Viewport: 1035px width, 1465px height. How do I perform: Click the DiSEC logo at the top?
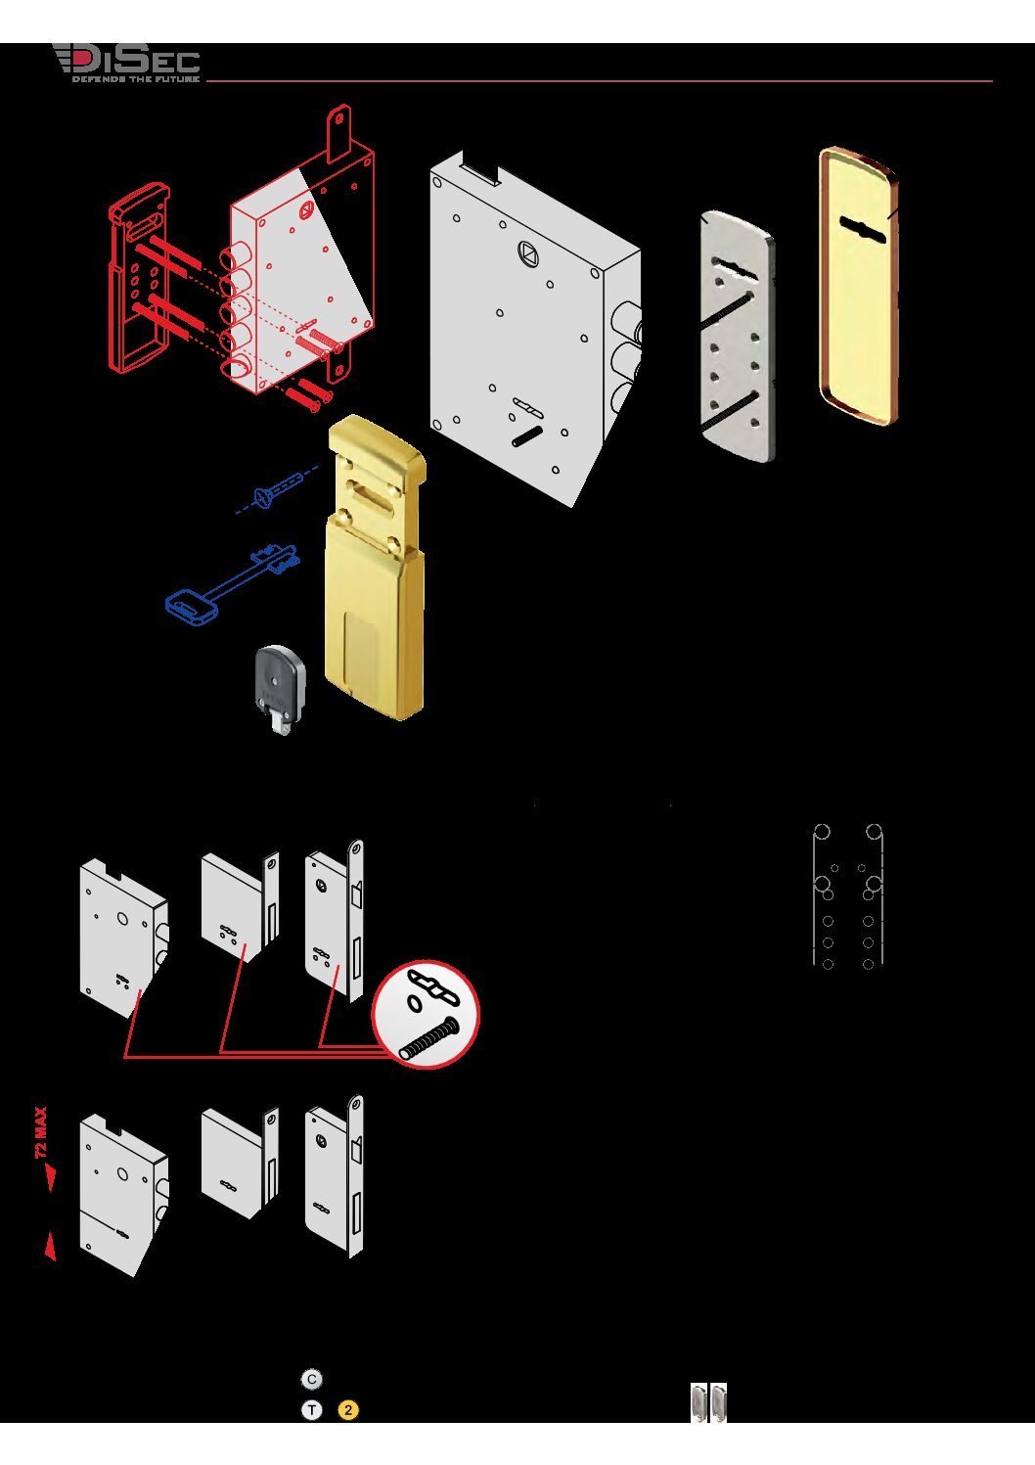point(126,63)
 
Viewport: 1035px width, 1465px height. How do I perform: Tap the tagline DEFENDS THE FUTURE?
point(135,79)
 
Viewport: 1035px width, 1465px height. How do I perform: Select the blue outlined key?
point(232,582)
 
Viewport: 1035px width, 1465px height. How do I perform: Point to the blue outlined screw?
point(277,490)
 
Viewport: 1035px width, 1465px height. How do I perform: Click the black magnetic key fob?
point(280,688)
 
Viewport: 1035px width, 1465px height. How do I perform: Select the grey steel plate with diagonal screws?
point(737,337)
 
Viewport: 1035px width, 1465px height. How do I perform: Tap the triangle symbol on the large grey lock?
point(527,252)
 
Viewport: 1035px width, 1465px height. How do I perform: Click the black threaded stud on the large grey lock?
point(527,436)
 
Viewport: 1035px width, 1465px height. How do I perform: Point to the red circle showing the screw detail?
point(426,1015)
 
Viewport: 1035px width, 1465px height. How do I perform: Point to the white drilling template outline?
point(848,896)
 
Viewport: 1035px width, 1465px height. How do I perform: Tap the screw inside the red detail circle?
point(429,1038)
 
